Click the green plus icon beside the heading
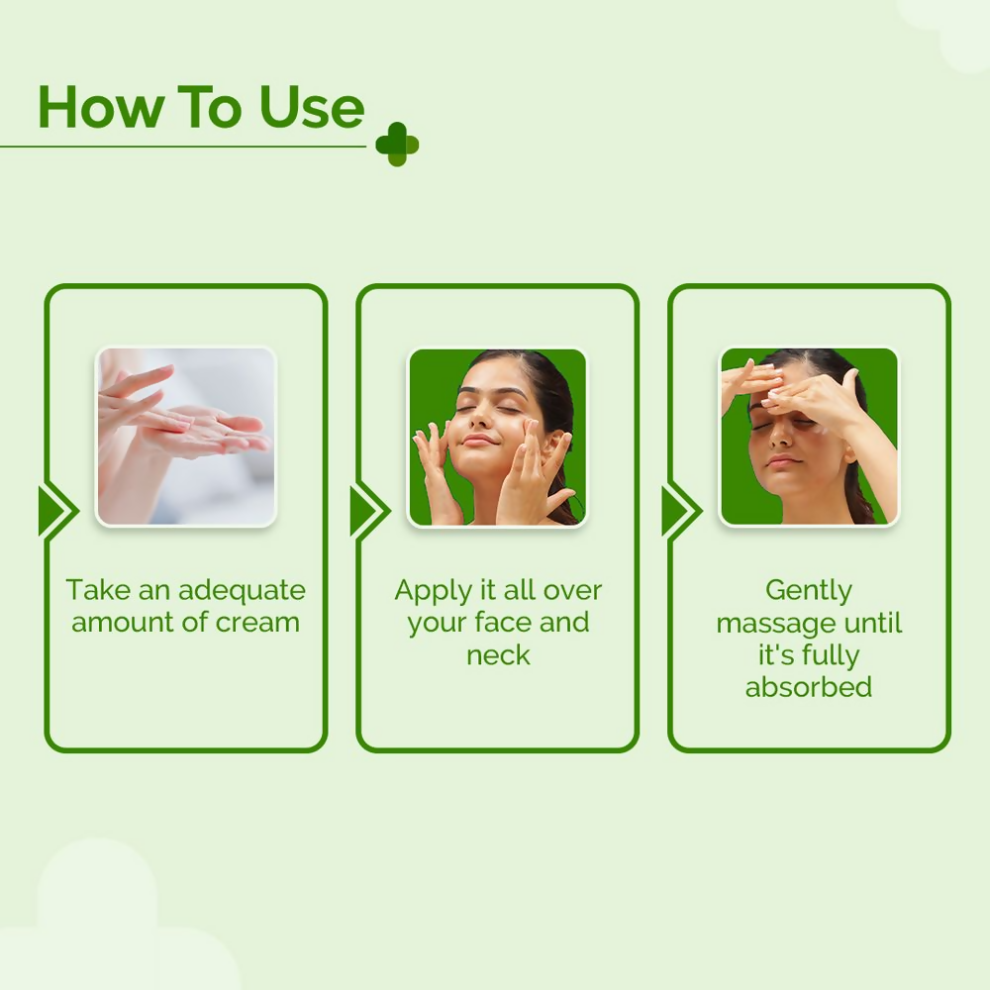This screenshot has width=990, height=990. [397, 145]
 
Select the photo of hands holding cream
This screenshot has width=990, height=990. [186, 437]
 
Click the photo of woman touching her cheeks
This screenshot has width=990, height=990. [497, 437]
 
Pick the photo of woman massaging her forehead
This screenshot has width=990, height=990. [809, 437]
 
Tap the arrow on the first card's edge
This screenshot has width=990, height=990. [55, 512]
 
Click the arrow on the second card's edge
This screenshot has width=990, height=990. [367, 512]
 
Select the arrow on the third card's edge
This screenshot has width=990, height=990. [679, 512]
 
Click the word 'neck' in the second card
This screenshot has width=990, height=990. [498, 655]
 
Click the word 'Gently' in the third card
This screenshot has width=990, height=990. [809, 591]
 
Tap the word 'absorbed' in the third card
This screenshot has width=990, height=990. [809, 687]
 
